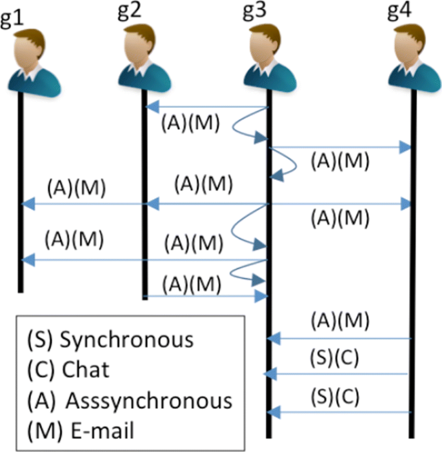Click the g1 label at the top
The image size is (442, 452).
[12, 17]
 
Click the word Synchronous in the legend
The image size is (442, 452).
[126, 340]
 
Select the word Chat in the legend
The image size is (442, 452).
[86, 370]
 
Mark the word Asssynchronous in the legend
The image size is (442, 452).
[148, 400]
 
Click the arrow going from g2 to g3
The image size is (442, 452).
[206, 297]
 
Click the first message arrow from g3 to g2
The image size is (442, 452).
[206, 107]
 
